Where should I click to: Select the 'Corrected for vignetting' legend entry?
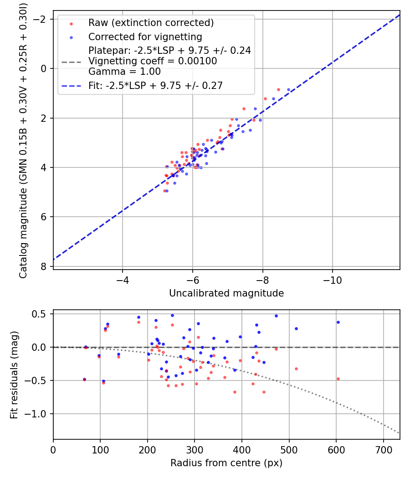coord(145,36)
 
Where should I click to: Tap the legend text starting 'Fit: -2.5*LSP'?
coord(155,85)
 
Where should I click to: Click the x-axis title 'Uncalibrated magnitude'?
coord(226,293)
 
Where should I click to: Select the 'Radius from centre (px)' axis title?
coord(226,463)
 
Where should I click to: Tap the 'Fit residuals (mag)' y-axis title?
coord(14,375)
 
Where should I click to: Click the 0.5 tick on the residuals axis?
coord(42,314)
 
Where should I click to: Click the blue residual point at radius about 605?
coord(338,322)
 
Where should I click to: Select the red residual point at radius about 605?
coord(338,379)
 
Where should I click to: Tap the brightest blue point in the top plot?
coord(288,90)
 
